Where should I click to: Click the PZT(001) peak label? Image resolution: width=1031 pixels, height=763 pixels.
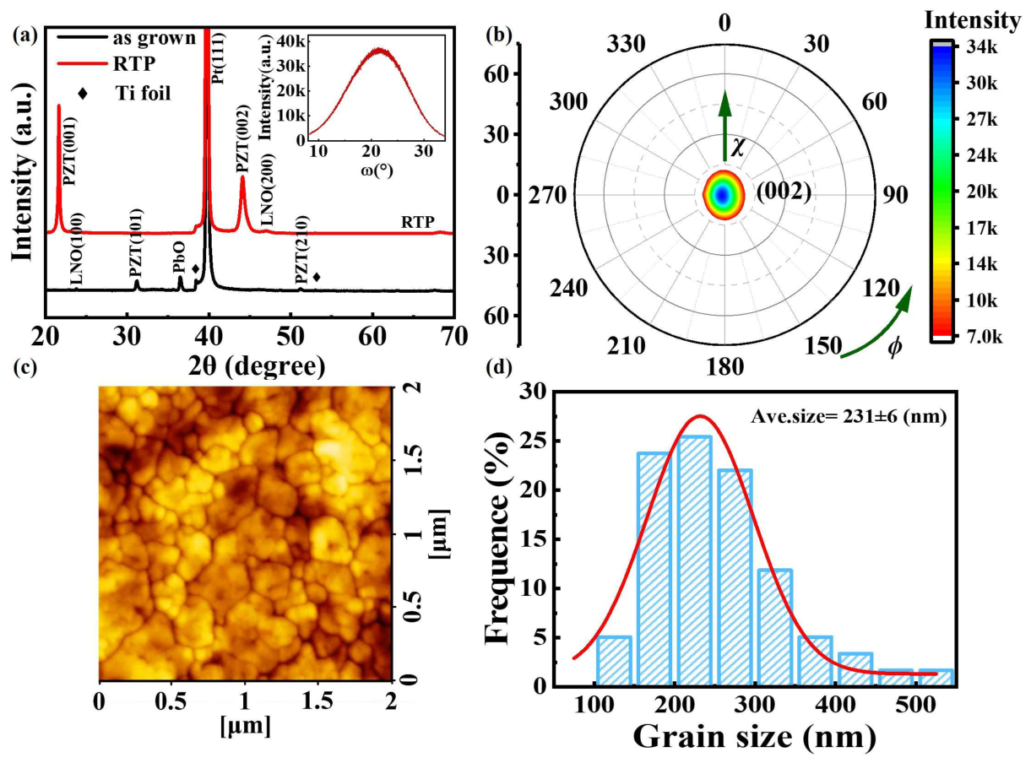[69, 150]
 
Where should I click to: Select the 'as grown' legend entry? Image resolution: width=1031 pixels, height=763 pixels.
[127, 38]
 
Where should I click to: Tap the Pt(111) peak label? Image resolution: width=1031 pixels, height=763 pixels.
[218, 57]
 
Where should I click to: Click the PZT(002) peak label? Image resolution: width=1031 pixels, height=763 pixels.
[242, 139]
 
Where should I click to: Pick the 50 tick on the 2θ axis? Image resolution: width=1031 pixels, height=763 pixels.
[291, 335]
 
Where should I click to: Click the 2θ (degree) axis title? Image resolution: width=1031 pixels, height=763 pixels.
[256, 366]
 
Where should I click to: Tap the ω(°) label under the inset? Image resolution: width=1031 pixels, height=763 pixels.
[377, 170]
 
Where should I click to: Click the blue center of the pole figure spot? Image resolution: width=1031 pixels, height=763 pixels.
[722, 195]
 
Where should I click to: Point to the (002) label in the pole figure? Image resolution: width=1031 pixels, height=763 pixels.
[784, 192]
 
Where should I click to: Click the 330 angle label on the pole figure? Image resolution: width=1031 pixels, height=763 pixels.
[626, 45]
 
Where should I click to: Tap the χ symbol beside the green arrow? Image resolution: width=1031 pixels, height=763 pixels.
[738, 148]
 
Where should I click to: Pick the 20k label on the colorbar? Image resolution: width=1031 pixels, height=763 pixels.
[983, 192]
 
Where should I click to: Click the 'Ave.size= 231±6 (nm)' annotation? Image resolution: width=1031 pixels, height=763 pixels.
[849, 417]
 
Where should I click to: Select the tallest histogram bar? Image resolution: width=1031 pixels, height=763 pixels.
[694, 560]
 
